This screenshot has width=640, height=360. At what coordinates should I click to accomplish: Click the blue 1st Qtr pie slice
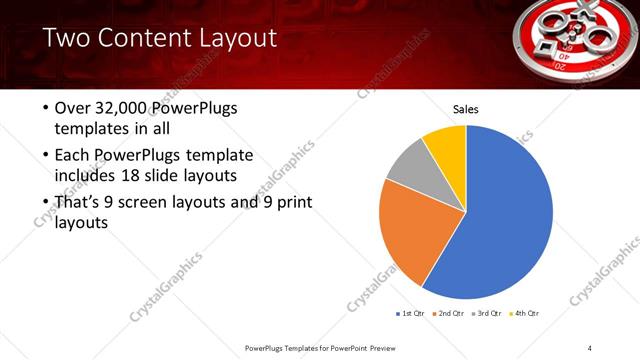[505, 215]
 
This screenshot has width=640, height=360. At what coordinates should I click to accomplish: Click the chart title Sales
[467, 108]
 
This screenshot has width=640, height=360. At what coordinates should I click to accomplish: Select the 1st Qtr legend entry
[411, 314]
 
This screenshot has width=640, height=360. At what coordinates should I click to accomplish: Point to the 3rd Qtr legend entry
[489, 314]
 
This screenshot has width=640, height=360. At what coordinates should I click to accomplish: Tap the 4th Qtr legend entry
[527, 314]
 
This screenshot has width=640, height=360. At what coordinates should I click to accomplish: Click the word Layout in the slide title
[229, 39]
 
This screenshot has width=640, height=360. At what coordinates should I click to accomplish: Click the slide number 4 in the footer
[590, 347]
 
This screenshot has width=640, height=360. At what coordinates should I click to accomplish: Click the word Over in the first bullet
[74, 108]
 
